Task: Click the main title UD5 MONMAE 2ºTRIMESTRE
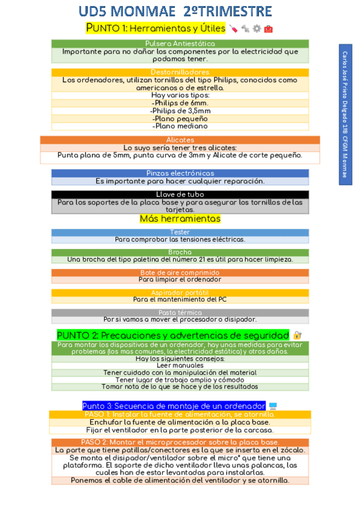tap(175, 11)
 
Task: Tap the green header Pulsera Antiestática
tap(180, 44)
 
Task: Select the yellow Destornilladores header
tap(180, 72)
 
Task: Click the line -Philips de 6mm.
tap(180, 103)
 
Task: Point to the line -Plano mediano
tap(180, 126)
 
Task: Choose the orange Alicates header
tap(180, 140)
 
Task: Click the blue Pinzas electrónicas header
tap(180, 173)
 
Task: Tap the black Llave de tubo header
tap(180, 194)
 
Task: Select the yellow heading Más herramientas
tap(180, 219)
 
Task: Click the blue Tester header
tap(180, 232)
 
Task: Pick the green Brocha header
tap(180, 253)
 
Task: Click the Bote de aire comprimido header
tap(180, 272)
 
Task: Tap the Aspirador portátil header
tap(180, 292)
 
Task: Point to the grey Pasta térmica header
tap(180, 313)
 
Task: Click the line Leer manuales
tap(180, 365)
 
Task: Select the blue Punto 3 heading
tap(174, 406)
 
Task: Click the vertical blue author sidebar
tap(345, 114)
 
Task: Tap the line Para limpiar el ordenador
tap(180, 280)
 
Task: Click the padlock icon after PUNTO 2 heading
tap(297, 335)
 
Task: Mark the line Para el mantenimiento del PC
tap(180, 300)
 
